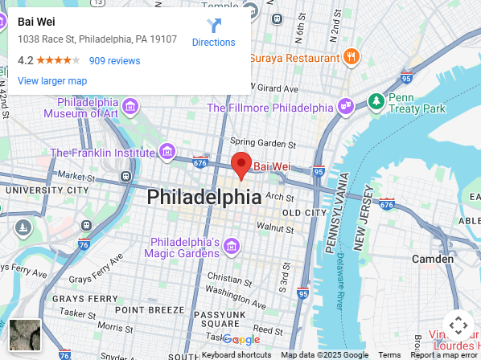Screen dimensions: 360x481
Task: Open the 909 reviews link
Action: [114, 61]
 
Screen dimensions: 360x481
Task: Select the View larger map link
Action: [52, 81]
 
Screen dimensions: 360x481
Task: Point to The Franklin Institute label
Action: [101, 152]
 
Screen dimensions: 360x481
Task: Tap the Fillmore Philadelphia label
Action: [269, 108]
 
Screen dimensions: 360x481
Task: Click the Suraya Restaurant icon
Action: [351, 58]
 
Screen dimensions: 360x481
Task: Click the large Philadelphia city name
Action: [203, 197]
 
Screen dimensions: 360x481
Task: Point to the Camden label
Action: [433, 259]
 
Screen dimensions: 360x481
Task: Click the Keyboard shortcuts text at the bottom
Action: [236, 355]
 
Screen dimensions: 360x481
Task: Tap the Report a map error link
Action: [445, 355]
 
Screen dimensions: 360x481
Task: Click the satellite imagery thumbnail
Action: [25, 335]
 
